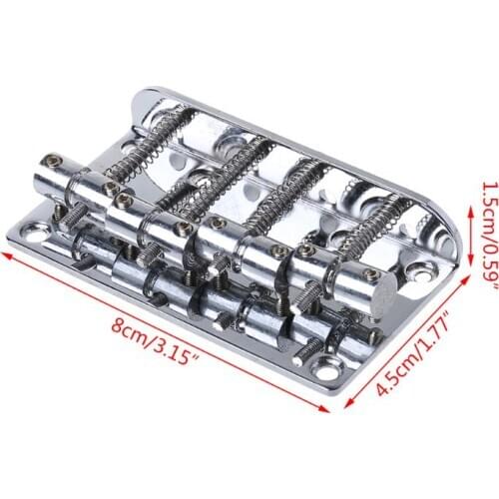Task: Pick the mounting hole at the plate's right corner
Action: [423, 268]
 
